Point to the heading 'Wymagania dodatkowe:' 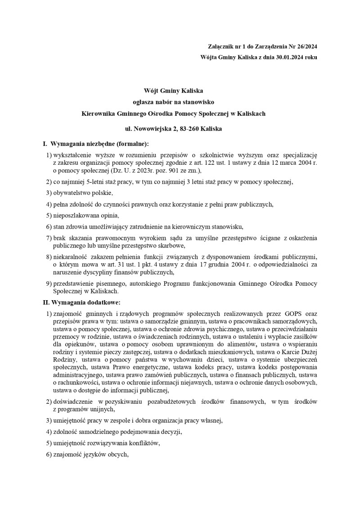(x=85, y=302)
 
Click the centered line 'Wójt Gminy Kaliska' (x=173, y=91)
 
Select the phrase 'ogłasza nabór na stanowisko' (x=173, y=102)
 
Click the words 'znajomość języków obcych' (x=90, y=455)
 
